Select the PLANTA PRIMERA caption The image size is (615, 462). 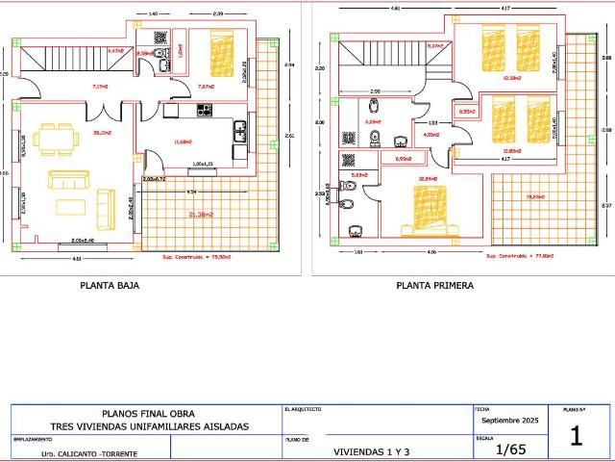coord(434,286)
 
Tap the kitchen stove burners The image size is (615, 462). coord(204,111)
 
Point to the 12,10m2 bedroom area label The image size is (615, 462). coord(510,78)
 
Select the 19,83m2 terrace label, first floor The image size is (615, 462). coord(535,197)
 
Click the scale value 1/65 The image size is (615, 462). coord(511,449)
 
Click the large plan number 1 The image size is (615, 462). coord(577,436)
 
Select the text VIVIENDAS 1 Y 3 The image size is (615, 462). coord(371,450)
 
